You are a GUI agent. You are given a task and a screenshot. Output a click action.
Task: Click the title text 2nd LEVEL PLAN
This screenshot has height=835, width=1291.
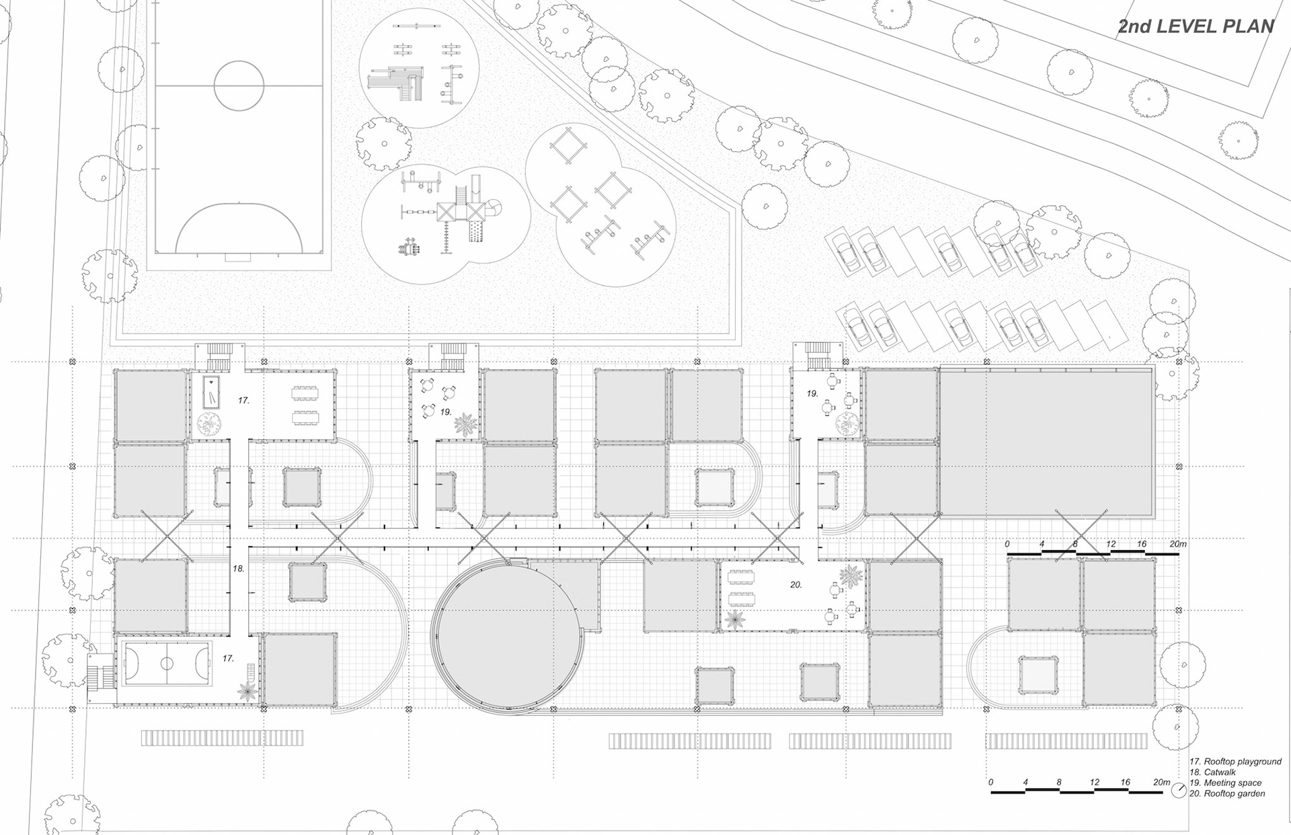(x=1196, y=26)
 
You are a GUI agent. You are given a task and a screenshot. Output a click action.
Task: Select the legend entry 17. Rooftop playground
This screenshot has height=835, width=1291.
(x=1235, y=762)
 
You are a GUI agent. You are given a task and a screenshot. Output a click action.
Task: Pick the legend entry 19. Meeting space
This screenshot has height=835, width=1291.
(x=1225, y=783)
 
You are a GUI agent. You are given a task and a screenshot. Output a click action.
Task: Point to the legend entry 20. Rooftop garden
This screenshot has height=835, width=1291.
(x=1227, y=794)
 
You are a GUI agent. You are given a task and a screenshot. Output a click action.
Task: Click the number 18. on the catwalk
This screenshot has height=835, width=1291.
(x=239, y=569)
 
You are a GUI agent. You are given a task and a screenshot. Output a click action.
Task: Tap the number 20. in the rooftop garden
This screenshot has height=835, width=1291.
(x=796, y=585)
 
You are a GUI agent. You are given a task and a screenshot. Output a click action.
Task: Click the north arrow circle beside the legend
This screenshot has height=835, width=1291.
(x=1179, y=791)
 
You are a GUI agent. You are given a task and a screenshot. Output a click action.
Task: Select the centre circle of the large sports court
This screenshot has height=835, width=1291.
(x=239, y=85)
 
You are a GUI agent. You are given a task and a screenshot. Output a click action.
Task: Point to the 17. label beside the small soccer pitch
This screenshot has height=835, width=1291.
(x=229, y=659)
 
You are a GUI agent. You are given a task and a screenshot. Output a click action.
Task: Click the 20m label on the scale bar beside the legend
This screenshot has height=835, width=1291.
(x=1161, y=783)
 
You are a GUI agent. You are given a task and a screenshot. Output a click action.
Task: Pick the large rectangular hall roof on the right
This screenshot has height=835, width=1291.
(x=1046, y=442)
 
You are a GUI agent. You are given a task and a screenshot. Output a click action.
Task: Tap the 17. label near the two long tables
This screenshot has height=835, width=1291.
(x=243, y=401)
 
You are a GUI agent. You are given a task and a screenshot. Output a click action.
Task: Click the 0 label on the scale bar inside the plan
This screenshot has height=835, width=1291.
(x=1007, y=544)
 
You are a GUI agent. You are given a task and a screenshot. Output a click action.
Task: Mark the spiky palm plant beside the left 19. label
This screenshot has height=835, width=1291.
(x=464, y=424)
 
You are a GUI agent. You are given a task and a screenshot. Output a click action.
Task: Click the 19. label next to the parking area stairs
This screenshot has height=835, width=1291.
(x=812, y=393)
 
